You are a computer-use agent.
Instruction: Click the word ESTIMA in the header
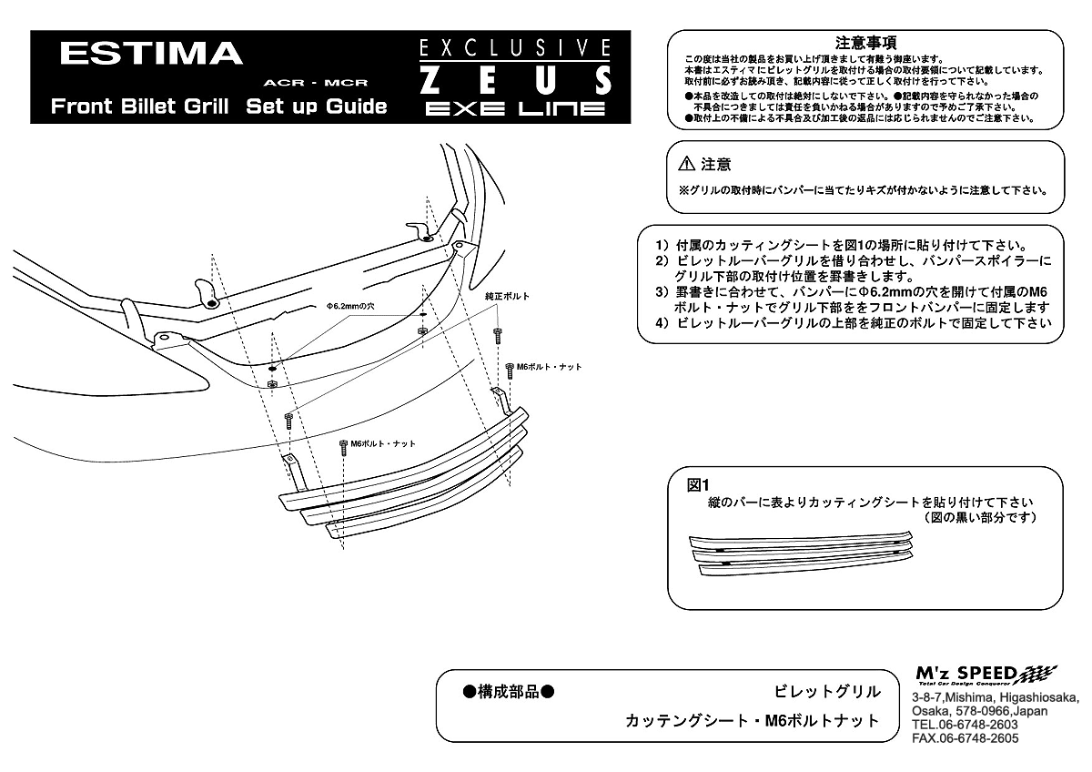point(151,54)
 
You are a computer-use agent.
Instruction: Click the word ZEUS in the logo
point(515,80)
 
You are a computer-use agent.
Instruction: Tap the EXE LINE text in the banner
point(515,109)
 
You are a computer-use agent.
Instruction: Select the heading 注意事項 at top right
point(866,42)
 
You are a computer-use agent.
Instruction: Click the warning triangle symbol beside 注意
point(687,165)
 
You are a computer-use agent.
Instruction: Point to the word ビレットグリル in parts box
point(827,691)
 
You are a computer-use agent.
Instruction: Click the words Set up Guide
point(316,106)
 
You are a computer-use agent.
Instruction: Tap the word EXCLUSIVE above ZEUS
point(515,47)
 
